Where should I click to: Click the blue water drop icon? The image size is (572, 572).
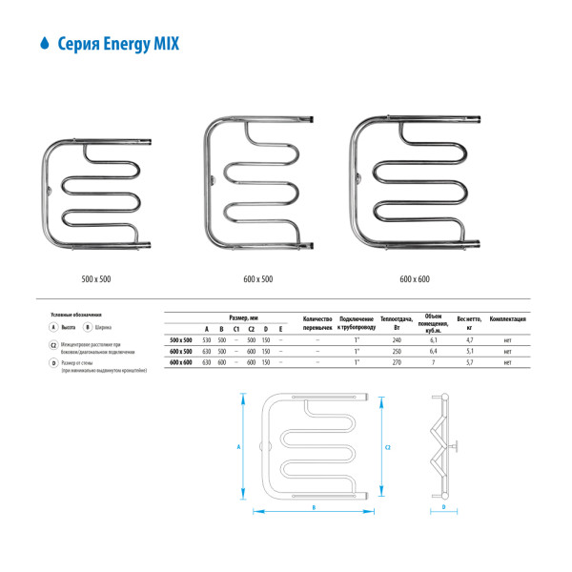click(44, 44)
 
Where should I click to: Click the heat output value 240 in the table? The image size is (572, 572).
click(396, 339)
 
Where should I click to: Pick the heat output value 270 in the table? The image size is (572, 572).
click(396, 362)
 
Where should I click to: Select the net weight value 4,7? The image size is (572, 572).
click(468, 339)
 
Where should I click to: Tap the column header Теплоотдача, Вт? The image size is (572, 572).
click(396, 321)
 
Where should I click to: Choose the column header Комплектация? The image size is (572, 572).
click(508, 317)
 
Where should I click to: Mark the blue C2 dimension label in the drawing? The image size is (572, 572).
click(387, 445)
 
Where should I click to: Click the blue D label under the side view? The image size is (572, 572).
click(444, 507)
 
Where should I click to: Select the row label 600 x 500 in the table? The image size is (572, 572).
click(180, 351)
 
